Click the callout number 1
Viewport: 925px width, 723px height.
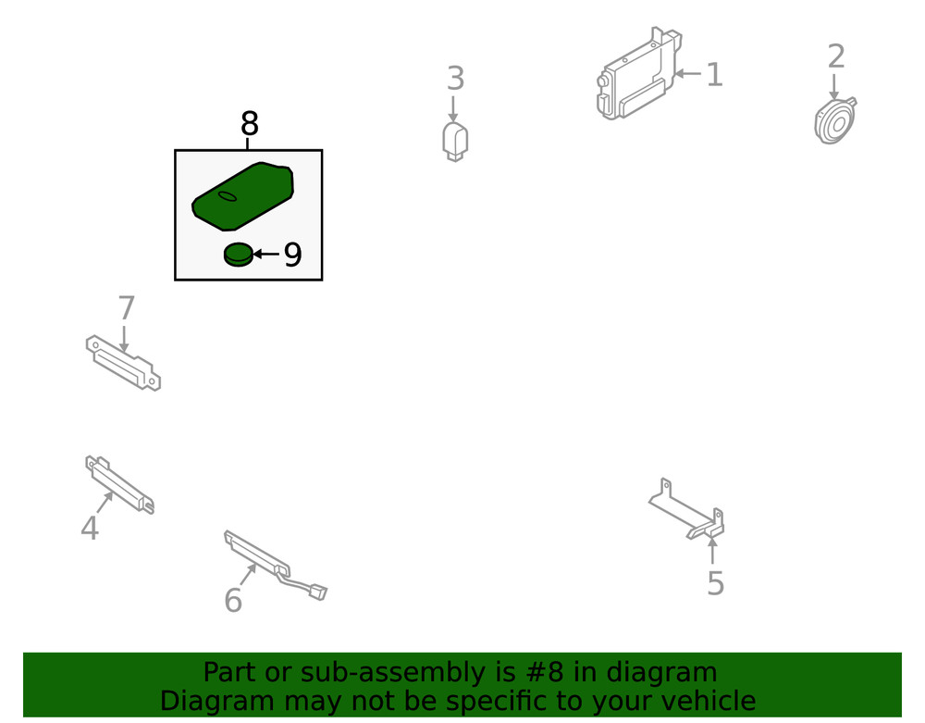(713, 75)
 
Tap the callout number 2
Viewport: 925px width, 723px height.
(835, 56)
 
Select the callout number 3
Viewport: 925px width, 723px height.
(454, 79)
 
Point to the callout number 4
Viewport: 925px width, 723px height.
(89, 529)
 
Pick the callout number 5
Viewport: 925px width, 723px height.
(715, 583)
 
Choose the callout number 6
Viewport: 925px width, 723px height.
(233, 601)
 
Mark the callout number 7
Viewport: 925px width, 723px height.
(127, 308)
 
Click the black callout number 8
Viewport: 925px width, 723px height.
(249, 123)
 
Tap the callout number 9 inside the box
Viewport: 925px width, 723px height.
(292, 255)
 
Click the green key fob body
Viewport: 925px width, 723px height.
(242, 196)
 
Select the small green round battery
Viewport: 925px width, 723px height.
(239, 254)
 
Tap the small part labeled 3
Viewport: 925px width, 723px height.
(455, 141)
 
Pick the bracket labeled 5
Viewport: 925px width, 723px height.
(689, 514)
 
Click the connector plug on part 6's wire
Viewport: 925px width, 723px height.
(316, 591)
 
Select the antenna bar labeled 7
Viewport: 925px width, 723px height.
(123, 362)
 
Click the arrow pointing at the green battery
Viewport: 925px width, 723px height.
(266, 254)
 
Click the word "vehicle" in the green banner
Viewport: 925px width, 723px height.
(708, 701)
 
